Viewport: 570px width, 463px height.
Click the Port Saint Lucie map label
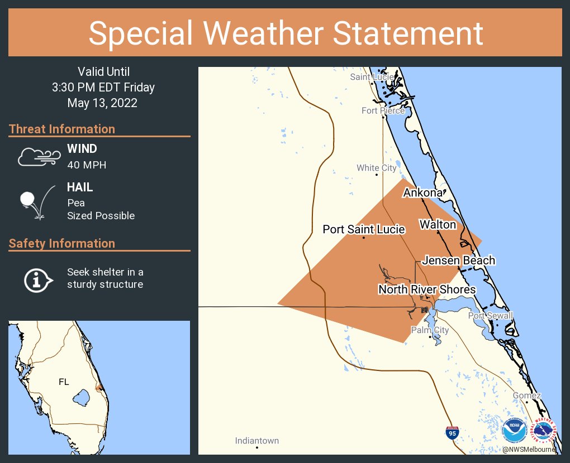364,229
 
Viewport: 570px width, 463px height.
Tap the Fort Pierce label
383,110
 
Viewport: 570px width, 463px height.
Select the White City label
377,168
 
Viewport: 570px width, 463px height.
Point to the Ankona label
423,193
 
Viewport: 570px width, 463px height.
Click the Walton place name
438,225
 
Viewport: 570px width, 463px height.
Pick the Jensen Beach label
458,261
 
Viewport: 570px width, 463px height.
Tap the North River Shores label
427,290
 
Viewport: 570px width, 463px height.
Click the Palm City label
430,330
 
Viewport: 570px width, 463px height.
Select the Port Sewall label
490,316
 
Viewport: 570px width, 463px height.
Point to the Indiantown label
257,441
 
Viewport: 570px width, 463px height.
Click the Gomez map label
527,396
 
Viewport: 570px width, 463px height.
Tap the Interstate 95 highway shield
453,433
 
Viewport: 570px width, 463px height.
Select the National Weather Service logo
544,431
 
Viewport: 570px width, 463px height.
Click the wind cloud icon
39,157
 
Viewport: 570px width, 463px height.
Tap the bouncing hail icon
36,201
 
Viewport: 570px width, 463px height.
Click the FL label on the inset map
64,382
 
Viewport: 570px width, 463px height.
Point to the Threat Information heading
62,129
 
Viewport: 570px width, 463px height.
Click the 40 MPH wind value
86,165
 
